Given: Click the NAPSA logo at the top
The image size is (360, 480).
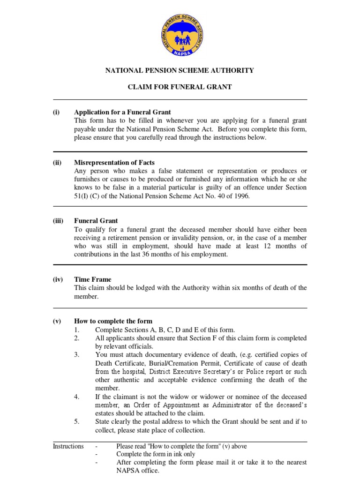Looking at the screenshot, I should pos(180,33).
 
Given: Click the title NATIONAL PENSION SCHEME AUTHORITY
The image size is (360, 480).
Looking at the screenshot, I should pos(180,70).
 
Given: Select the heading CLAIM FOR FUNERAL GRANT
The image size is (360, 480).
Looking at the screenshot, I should pos(180,87).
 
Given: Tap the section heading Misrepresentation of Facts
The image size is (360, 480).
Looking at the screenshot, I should pos(114,163).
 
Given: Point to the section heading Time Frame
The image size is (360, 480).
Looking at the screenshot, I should pos(93,279).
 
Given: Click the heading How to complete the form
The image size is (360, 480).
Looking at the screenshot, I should pos(113,321).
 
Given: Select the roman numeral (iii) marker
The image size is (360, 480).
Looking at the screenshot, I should pos(58,221).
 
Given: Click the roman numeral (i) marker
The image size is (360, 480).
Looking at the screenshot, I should pos(56,112).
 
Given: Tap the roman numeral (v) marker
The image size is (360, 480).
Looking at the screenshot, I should pos(57,321).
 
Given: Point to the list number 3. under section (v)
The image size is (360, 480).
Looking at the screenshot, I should pos(77,354).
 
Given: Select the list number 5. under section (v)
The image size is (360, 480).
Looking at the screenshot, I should pos(77,421).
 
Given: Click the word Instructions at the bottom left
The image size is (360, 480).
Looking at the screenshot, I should pos(68,446).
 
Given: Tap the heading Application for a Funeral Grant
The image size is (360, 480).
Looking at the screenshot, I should pos(123,112).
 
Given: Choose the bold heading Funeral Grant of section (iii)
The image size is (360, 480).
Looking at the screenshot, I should pos(96,221).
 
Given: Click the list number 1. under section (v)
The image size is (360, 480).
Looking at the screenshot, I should pos(77,330).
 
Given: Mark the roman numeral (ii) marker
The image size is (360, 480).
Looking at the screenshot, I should pos(57,163).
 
